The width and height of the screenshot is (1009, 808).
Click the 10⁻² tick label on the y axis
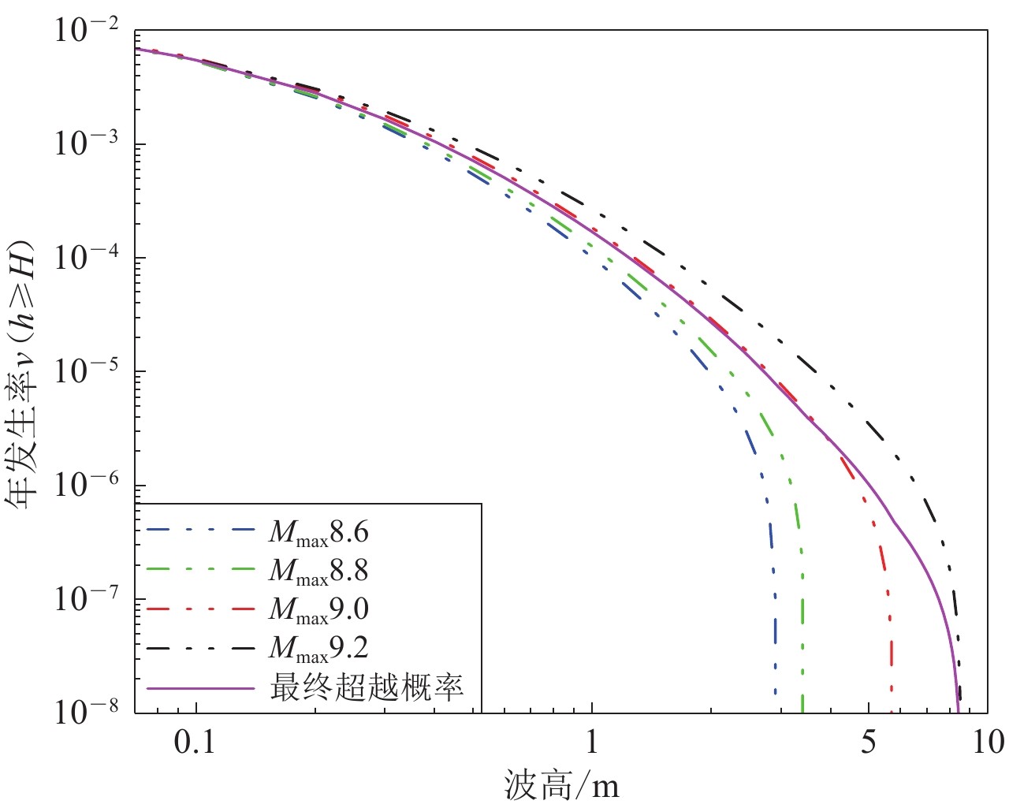click(x=87, y=32)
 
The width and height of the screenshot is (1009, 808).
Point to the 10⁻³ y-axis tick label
click(x=87, y=145)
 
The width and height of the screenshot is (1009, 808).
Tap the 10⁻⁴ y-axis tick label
click(x=87, y=259)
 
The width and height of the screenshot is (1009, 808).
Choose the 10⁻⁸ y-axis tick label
click(x=87, y=712)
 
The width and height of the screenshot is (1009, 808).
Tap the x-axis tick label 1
click(x=591, y=743)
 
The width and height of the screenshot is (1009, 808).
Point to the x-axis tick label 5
click(x=868, y=743)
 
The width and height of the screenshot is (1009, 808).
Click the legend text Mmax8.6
click(x=318, y=533)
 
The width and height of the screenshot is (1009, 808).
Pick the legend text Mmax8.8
click(x=318, y=572)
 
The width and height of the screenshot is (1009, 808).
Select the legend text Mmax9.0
click(x=318, y=610)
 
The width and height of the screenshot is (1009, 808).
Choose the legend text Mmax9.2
click(x=318, y=648)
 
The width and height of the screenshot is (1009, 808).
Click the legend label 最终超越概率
click(x=367, y=687)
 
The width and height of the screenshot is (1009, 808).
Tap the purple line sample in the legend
click(x=201, y=687)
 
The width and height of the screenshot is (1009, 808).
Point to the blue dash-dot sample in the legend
click(x=201, y=533)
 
